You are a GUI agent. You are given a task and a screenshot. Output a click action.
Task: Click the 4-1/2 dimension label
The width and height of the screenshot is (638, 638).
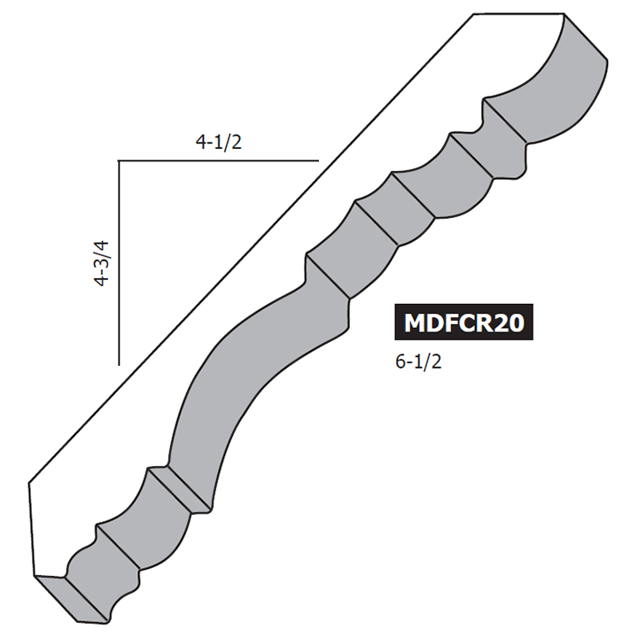(x=217, y=143)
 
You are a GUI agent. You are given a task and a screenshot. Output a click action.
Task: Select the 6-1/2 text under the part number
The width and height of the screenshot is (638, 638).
(x=422, y=362)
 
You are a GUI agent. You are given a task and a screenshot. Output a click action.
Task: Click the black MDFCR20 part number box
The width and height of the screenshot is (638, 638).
(x=463, y=323)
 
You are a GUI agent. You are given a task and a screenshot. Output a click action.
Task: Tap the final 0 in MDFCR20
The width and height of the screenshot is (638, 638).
(x=515, y=323)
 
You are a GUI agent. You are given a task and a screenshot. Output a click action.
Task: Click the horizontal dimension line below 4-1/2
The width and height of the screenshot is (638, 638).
(x=217, y=161)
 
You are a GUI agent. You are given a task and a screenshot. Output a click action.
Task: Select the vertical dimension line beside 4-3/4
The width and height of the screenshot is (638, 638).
(x=119, y=266)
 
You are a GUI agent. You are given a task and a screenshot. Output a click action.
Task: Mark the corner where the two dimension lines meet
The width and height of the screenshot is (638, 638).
(x=119, y=161)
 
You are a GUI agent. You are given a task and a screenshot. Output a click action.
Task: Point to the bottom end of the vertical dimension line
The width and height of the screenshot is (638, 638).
(x=119, y=364)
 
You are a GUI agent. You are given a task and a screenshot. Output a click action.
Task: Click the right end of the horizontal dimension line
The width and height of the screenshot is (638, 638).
(x=317, y=161)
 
